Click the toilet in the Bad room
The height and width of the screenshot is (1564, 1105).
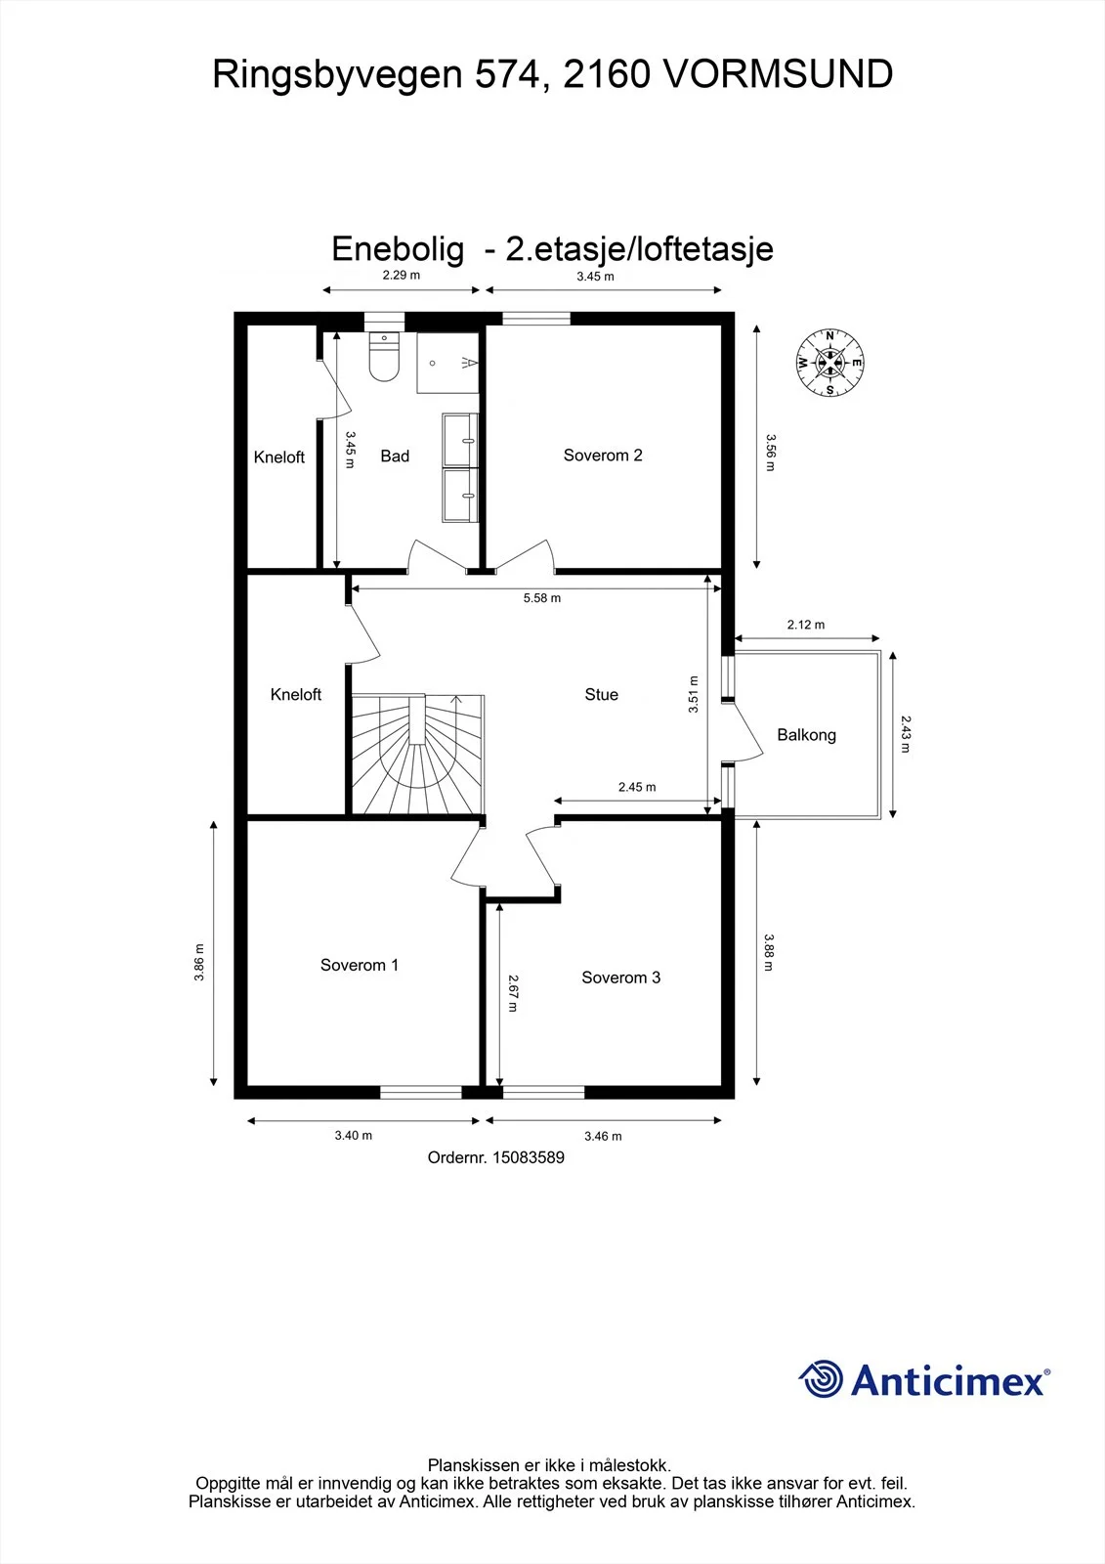click(x=384, y=357)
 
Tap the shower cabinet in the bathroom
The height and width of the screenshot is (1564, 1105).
click(x=448, y=363)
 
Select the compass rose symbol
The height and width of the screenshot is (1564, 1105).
click(x=830, y=363)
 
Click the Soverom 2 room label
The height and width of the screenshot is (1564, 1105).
click(x=603, y=456)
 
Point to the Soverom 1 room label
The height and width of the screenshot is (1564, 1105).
click(x=360, y=965)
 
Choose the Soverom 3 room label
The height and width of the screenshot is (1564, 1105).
click(x=620, y=977)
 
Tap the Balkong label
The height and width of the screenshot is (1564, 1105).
click(x=806, y=734)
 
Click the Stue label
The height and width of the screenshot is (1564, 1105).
click(x=601, y=694)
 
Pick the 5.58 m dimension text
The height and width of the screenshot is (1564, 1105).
click(x=541, y=597)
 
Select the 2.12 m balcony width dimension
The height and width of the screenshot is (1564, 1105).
click(x=805, y=625)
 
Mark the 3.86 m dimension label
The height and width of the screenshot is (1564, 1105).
click(x=199, y=963)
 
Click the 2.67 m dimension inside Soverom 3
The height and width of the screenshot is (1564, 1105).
click(x=512, y=993)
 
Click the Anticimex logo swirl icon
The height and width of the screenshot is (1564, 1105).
click(x=820, y=1378)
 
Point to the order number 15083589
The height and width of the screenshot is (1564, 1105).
click(x=529, y=1157)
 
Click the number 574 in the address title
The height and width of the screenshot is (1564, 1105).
click(x=507, y=74)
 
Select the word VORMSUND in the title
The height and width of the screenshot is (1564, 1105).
click(x=776, y=74)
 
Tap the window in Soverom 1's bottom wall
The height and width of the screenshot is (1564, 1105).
click(x=421, y=1092)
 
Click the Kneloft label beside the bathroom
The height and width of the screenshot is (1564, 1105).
click(x=279, y=457)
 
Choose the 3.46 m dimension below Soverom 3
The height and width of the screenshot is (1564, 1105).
click(x=603, y=1136)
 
